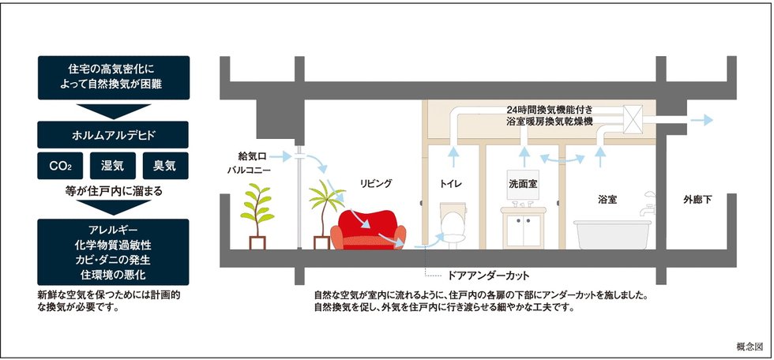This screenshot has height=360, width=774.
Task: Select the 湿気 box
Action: coord(112,166)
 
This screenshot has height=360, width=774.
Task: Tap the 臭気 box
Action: coord(164,166)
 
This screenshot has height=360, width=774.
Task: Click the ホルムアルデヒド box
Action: coord(112,133)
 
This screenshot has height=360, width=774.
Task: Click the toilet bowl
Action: coord(451,223)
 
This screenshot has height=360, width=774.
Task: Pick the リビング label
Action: coord(376,183)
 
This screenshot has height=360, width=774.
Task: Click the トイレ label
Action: coord(454,183)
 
